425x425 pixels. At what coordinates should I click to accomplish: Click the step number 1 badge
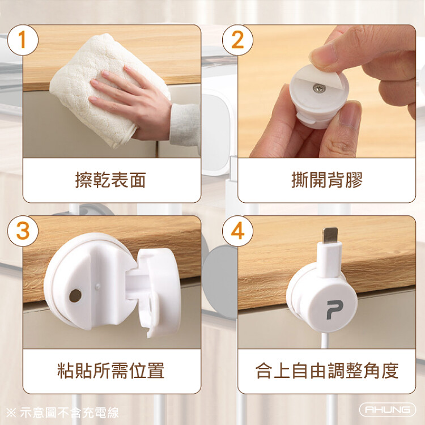click(x=23, y=40)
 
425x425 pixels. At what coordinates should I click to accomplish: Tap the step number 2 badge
click(x=237, y=40)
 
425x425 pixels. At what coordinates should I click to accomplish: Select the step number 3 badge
click(x=23, y=231)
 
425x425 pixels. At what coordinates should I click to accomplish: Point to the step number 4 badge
click(x=237, y=231)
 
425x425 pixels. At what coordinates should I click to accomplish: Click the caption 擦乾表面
click(x=110, y=180)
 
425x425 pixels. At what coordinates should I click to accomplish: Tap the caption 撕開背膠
click(x=326, y=180)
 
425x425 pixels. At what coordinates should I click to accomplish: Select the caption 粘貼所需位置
click(x=111, y=371)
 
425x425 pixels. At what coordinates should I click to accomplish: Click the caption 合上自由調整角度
click(x=327, y=371)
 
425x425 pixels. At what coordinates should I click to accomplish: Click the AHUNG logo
click(x=388, y=410)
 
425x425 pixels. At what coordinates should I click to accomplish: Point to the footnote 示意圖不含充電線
click(x=69, y=413)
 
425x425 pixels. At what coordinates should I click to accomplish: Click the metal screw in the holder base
click(x=319, y=88)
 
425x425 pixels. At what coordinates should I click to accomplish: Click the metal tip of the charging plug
click(x=330, y=235)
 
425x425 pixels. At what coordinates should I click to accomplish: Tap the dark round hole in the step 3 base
click(x=75, y=296)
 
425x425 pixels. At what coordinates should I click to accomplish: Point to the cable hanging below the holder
click(x=325, y=341)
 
